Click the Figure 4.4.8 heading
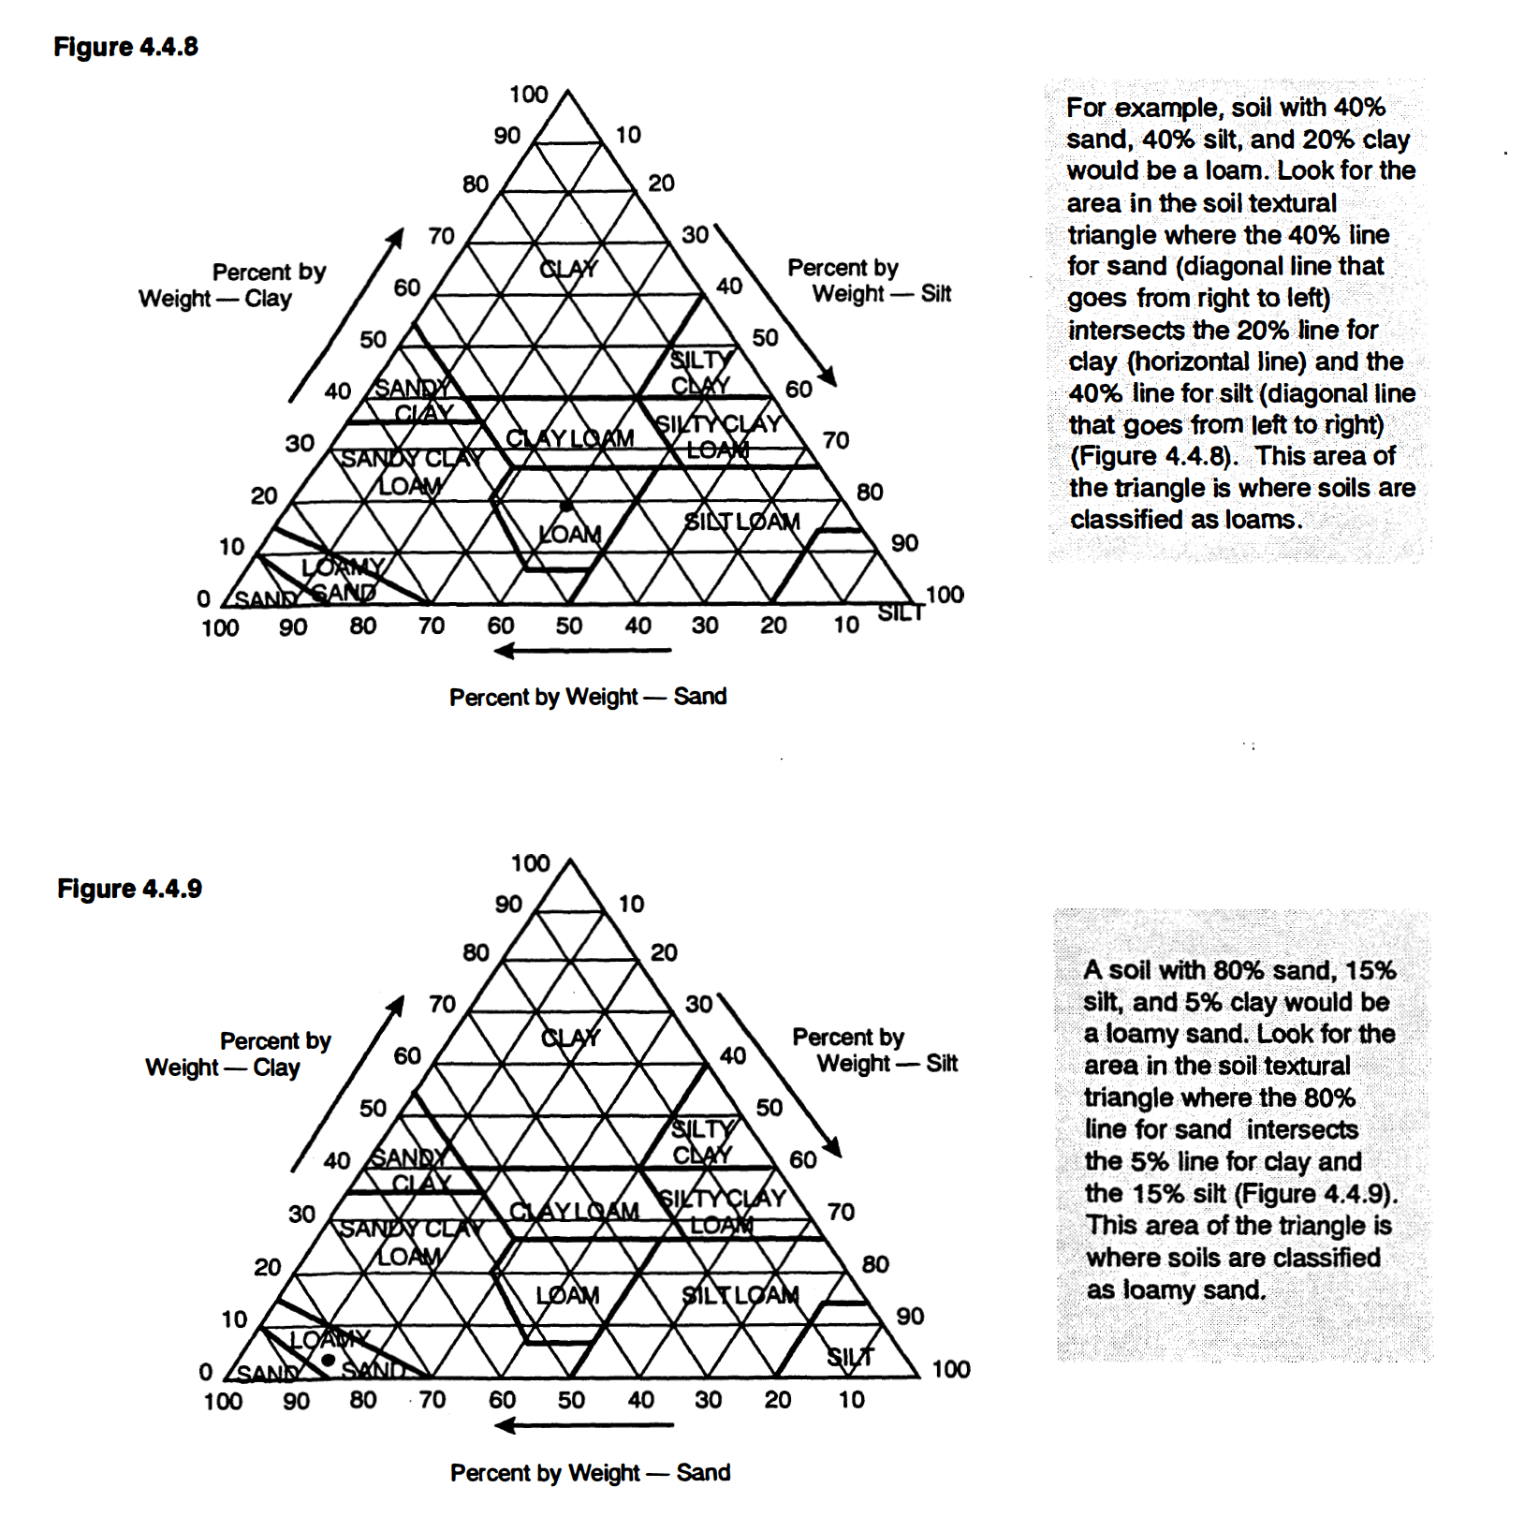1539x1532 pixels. (125, 47)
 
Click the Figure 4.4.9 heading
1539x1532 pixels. (129, 889)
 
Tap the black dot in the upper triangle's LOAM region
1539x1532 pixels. (565, 506)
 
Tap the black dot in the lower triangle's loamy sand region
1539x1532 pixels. (329, 1360)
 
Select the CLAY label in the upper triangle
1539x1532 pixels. (568, 269)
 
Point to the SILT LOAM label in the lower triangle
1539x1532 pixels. (740, 1295)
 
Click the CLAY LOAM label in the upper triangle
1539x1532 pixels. (569, 438)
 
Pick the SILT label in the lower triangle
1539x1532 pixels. (850, 1356)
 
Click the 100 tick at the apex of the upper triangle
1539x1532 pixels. (528, 95)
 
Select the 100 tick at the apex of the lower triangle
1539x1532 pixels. (530, 862)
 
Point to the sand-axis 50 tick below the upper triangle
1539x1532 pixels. (569, 626)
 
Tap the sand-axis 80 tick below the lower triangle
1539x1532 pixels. (363, 1400)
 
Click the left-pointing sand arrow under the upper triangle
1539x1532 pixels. (582, 650)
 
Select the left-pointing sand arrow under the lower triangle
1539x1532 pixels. (583, 1425)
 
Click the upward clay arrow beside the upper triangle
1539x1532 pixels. (346, 314)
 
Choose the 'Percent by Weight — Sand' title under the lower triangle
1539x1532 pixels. (590, 1473)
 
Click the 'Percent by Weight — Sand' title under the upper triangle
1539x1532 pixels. (588, 697)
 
